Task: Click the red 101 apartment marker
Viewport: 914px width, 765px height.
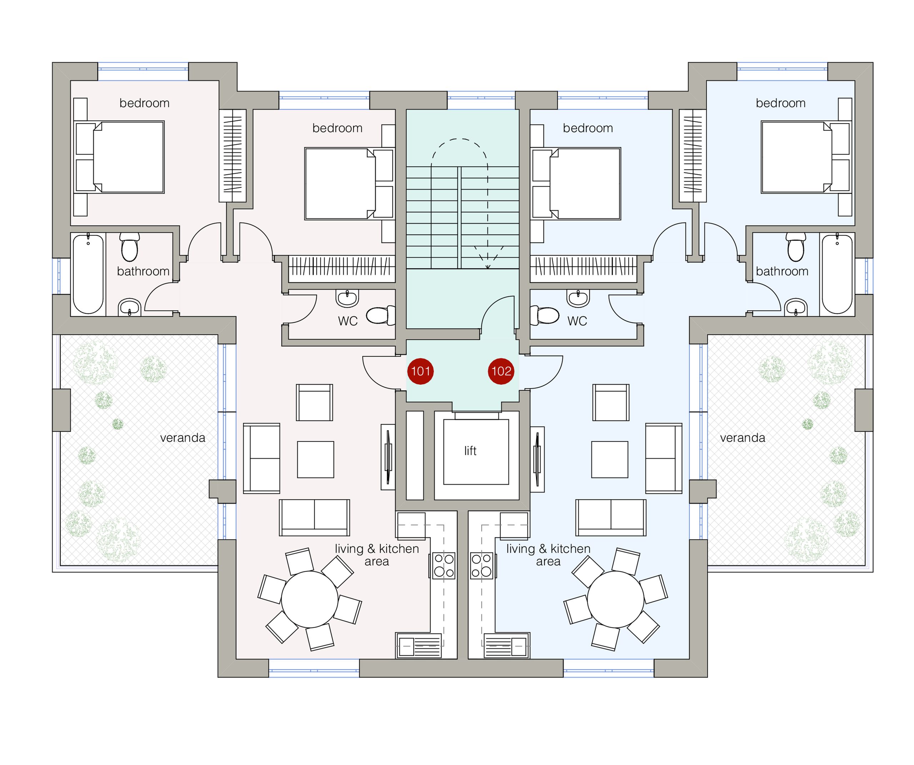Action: [x=421, y=371]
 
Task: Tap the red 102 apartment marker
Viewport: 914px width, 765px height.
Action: [x=501, y=371]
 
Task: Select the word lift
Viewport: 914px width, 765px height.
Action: [x=470, y=451]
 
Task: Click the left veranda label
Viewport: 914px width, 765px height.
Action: [x=183, y=437]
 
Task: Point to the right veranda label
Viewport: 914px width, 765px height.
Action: [x=743, y=437]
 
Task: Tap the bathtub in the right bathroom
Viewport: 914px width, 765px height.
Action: [x=837, y=274]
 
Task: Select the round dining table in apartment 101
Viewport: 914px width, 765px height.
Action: [x=310, y=599]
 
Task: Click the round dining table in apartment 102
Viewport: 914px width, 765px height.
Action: [x=616, y=599]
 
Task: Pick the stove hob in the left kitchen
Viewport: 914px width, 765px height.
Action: [x=443, y=566]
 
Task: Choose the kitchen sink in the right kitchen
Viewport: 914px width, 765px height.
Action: [x=507, y=646]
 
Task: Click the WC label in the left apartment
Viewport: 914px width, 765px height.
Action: [x=348, y=321]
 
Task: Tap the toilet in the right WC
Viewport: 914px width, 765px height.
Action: [x=544, y=315]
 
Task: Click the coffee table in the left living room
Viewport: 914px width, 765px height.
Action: [x=316, y=459]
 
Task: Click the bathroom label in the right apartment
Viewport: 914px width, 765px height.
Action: [x=782, y=272]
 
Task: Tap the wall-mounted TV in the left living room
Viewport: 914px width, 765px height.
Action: [x=388, y=457]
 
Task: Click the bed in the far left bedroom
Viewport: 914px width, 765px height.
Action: [x=119, y=157]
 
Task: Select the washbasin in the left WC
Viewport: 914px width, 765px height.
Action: [x=347, y=298]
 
